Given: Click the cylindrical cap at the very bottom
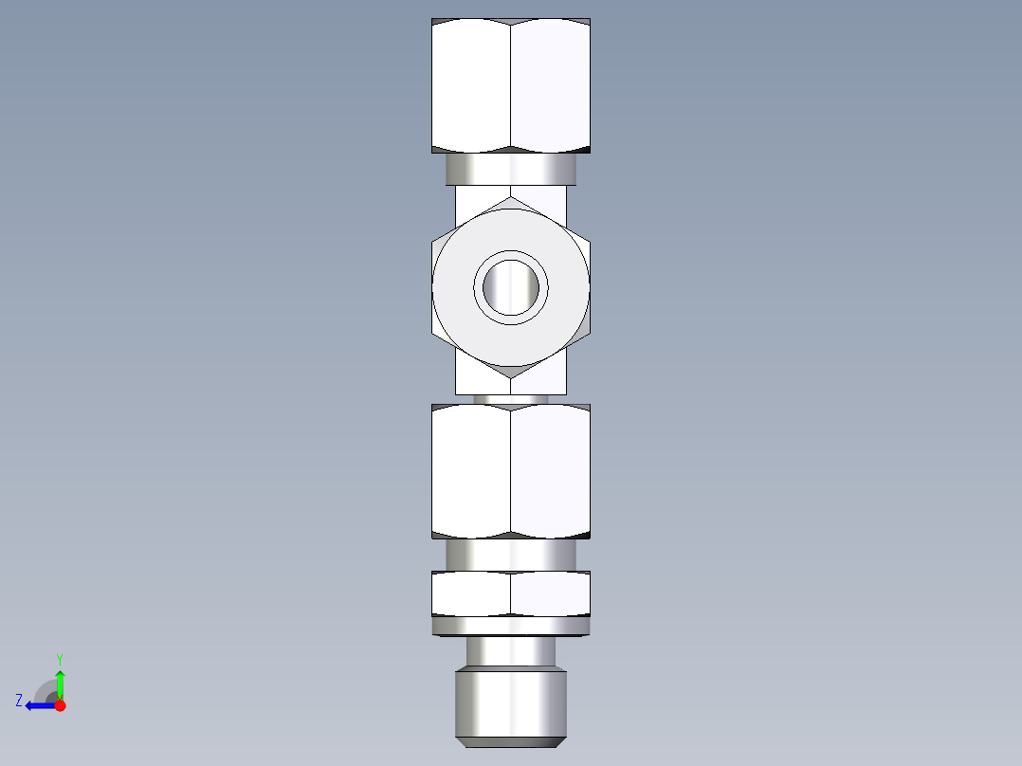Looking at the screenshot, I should coord(511,706).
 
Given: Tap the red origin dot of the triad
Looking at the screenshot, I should coord(61,705).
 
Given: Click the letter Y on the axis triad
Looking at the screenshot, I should coord(59,658).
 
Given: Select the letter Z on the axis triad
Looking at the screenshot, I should coord(19,701).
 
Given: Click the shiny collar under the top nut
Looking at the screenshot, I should coord(511,170).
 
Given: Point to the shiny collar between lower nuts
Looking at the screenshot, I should coord(511,555).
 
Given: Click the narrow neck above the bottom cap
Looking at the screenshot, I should coord(511,652).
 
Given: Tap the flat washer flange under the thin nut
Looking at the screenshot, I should coord(511,626).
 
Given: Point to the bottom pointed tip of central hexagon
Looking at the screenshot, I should coord(511,376).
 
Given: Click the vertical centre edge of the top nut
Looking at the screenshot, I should coord(511,85).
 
